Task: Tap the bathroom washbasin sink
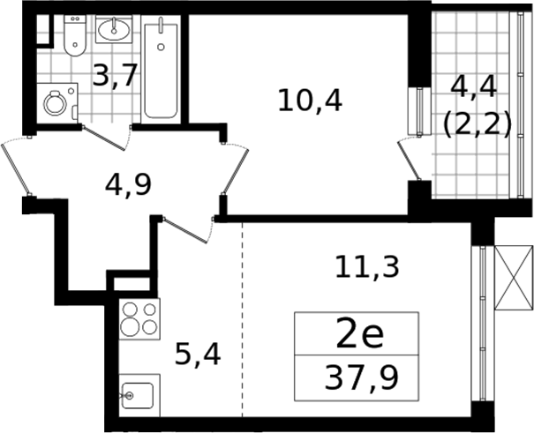click(x=114, y=29)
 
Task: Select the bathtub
click(x=161, y=71)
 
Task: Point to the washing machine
click(x=57, y=102)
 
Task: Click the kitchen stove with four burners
click(x=139, y=318)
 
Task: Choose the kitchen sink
click(x=139, y=395)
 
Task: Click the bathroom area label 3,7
click(x=115, y=75)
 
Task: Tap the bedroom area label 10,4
click(x=310, y=100)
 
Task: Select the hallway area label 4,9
click(x=128, y=185)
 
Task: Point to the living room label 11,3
click(x=367, y=267)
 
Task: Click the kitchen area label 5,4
click(x=198, y=355)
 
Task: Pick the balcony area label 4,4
click(x=474, y=87)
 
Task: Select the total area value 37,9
click(x=361, y=377)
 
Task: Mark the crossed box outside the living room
click(x=514, y=278)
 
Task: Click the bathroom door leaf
click(x=103, y=138)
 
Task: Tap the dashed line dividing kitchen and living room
click(x=243, y=320)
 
